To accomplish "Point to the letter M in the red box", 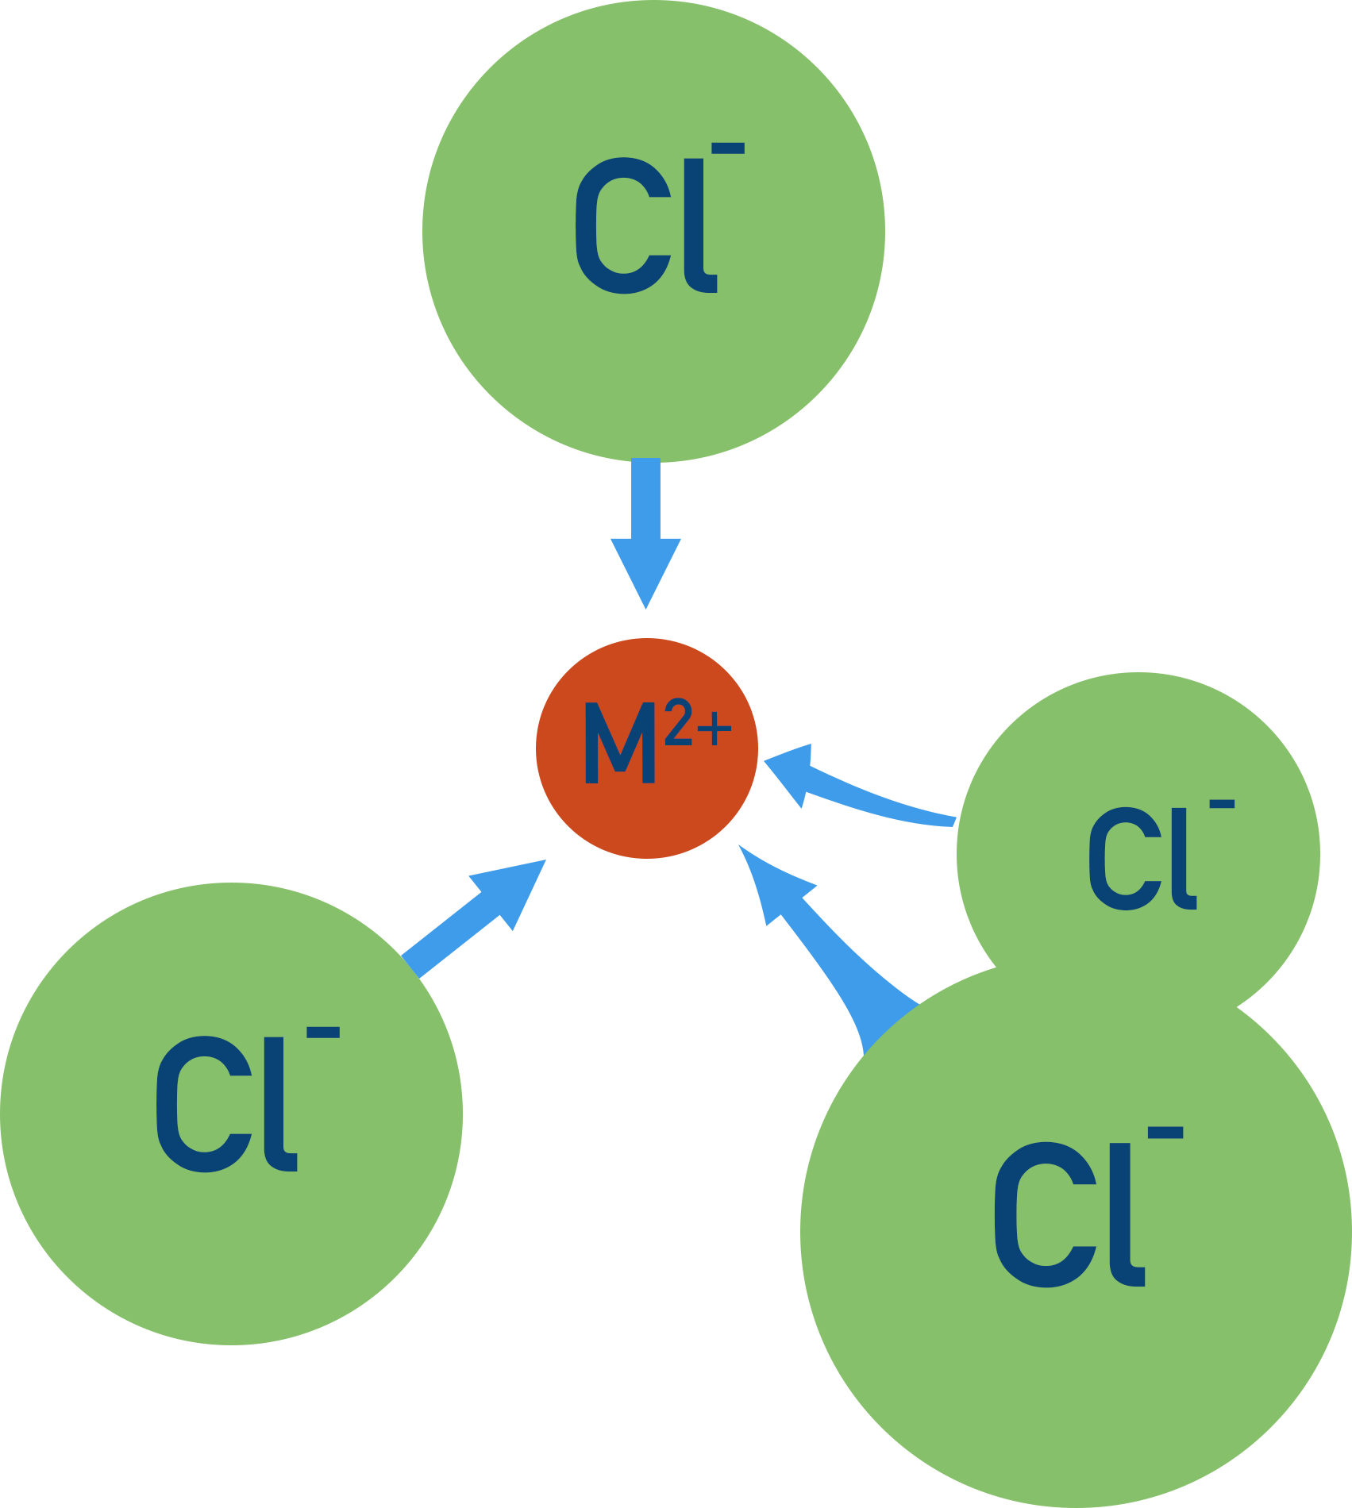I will coord(619,743).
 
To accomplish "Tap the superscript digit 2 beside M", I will coord(679,721).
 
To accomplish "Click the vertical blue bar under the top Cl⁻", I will coord(645,535).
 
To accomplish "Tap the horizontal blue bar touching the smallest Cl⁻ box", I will coord(860,784).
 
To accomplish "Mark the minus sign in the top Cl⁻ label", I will coord(728,148).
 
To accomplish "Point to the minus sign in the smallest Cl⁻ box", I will coord(1222,805).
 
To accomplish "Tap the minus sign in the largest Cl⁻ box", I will coord(1165,1133).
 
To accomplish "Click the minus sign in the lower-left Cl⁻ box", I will coord(323,1033).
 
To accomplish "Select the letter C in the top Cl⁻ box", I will coord(622,226).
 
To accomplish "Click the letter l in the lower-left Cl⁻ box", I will coord(280,1104).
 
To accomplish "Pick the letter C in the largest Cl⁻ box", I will coord(1044,1214).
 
